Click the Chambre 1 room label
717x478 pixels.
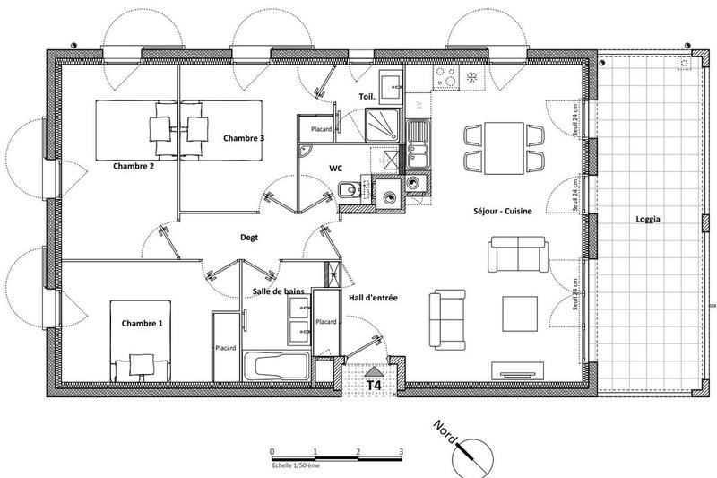click(136, 323)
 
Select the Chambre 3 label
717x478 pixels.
click(244, 138)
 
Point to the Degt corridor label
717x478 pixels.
click(250, 238)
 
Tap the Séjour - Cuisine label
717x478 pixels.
click(503, 212)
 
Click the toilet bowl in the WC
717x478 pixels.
click(347, 189)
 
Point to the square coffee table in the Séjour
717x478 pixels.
click(519, 313)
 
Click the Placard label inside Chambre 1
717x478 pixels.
click(225, 349)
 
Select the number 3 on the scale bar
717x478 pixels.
click(401, 451)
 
